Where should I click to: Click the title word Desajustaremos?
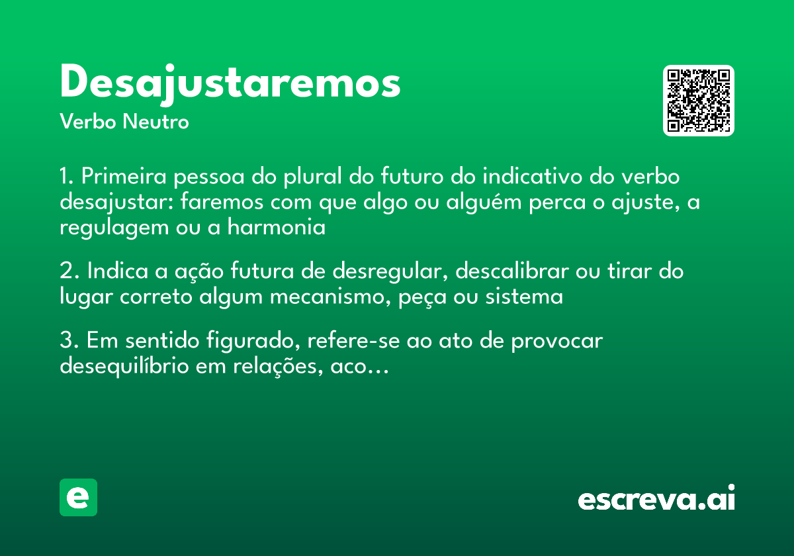click(230, 83)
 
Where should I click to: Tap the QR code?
click(698, 101)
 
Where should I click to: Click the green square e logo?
click(78, 497)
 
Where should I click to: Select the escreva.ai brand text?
click(656, 498)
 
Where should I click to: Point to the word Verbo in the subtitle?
click(87, 122)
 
